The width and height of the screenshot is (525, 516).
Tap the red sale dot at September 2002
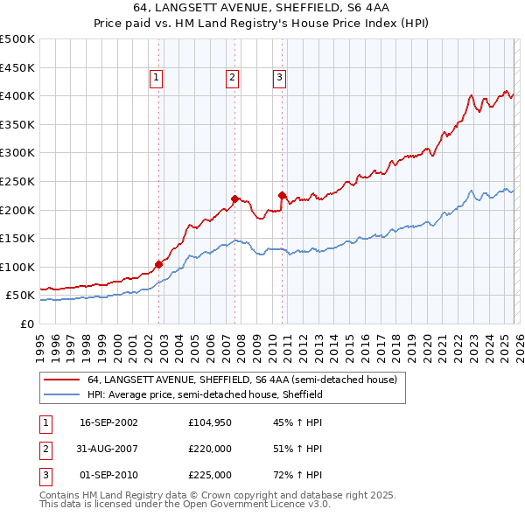coord(158,263)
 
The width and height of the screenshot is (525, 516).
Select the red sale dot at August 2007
coord(234,199)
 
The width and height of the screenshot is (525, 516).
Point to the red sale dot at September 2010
coord(282,195)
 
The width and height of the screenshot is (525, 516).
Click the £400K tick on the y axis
coord(17,95)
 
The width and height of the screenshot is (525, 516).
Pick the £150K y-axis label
coord(17,238)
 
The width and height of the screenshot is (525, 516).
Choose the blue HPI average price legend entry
coord(205,395)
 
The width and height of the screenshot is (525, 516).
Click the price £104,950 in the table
coord(209,422)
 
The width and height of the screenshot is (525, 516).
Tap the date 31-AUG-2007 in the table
coord(108,449)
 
